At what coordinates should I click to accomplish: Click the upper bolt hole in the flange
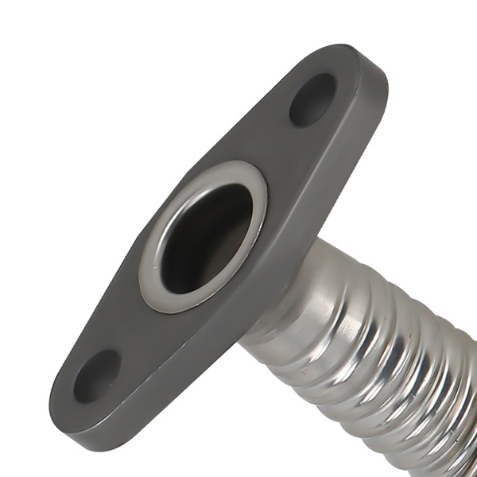tap(312, 99)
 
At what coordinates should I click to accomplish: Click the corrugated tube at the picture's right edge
tap(465, 397)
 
